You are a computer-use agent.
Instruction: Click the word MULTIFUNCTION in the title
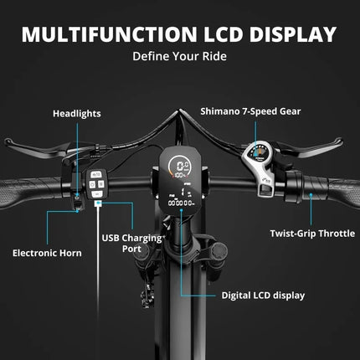(110, 34)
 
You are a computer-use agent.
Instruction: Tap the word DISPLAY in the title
(292, 34)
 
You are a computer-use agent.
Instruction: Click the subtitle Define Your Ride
(179, 56)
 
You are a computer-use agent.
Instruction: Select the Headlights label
(77, 114)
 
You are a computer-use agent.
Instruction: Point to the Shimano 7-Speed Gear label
(250, 111)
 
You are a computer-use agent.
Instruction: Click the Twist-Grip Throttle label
(312, 234)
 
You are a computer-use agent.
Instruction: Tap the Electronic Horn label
(47, 253)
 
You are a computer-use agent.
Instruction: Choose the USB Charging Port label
(131, 243)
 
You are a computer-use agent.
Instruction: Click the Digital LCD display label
(263, 296)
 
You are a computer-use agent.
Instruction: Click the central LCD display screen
(180, 180)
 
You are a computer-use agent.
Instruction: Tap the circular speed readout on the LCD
(180, 167)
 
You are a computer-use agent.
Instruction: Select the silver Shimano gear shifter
(258, 167)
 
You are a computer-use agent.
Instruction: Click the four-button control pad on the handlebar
(96, 184)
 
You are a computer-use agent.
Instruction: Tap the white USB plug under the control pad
(98, 203)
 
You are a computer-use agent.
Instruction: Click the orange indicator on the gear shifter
(260, 152)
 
